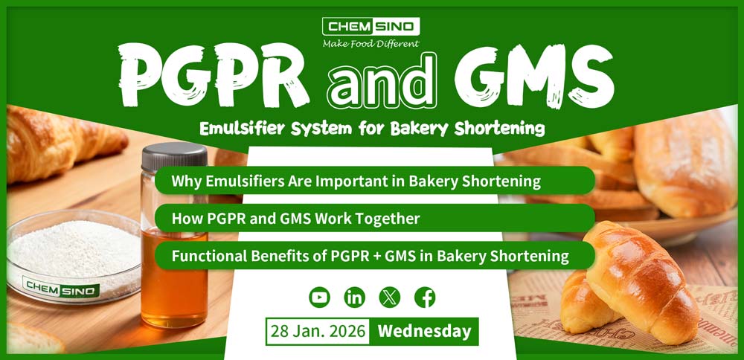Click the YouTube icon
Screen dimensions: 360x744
[x=319, y=298]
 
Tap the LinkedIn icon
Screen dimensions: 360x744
[x=355, y=298]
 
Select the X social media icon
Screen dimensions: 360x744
[x=389, y=298]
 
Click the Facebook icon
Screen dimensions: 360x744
[x=425, y=298]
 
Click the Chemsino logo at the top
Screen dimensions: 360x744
[x=371, y=28]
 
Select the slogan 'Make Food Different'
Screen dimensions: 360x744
[x=371, y=44]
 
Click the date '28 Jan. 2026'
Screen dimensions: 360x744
[x=317, y=331]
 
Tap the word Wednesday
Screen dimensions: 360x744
[x=424, y=331]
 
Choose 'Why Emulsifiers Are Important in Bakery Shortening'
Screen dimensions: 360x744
[x=355, y=181]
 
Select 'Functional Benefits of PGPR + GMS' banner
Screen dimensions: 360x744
[x=370, y=256]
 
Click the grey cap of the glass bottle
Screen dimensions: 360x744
[x=174, y=156]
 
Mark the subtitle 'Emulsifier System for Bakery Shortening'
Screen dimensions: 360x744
[x=372, y=129]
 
